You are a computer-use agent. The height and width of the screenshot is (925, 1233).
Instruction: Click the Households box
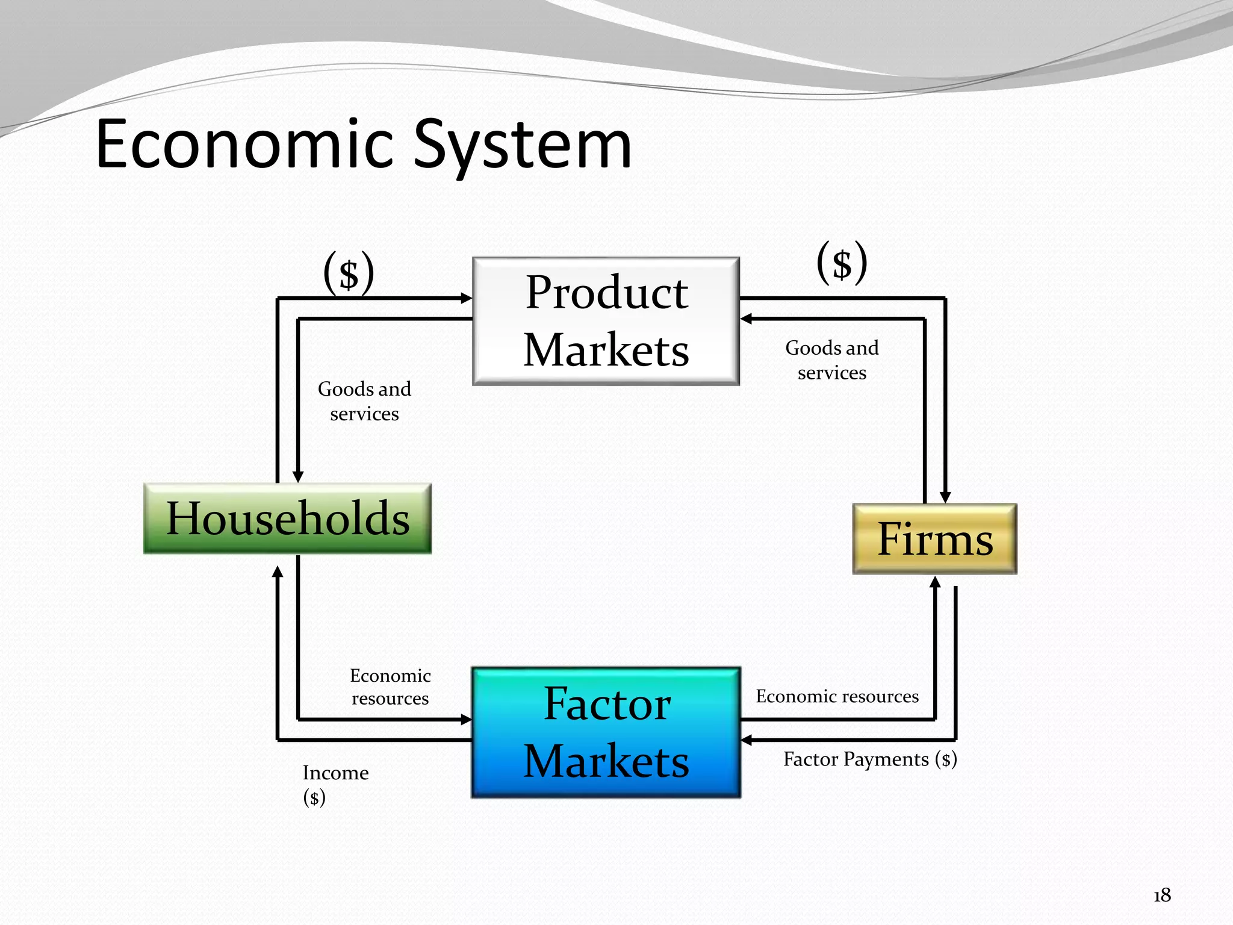coord(287,519)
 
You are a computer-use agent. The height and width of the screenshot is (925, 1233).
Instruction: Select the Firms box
coord(934,539)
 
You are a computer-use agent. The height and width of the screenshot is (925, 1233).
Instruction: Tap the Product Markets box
coord(606,321)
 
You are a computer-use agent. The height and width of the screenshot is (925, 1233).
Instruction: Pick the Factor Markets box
coord(606,732)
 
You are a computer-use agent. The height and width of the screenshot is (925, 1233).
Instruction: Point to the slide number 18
coord(1162,895)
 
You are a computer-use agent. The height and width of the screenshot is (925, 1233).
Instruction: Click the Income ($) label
coord(335,784)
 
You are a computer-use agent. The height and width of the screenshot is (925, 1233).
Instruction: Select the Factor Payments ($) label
coord(869,759)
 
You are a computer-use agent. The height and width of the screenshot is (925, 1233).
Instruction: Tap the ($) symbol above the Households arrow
coord(349,273)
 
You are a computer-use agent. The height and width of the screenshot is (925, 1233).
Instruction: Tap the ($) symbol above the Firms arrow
coord(842,263)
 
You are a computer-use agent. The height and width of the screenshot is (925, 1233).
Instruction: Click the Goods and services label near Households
coord(364,401)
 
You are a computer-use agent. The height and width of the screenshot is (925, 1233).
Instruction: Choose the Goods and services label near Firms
coord(831,360)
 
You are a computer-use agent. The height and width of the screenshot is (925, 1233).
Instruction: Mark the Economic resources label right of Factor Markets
coord(837,696)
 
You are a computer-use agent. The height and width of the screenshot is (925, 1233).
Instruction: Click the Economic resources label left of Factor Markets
coord(390,687)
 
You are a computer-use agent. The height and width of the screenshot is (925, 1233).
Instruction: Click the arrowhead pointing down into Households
coord(298,477)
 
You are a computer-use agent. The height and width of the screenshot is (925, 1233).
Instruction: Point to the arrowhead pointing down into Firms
coord(945,497)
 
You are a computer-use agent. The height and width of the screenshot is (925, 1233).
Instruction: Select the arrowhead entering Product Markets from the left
coord(467,298)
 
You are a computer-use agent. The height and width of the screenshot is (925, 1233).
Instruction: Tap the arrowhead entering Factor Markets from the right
coord(747,740)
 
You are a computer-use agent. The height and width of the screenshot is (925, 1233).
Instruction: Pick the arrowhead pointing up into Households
coord(278,572)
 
